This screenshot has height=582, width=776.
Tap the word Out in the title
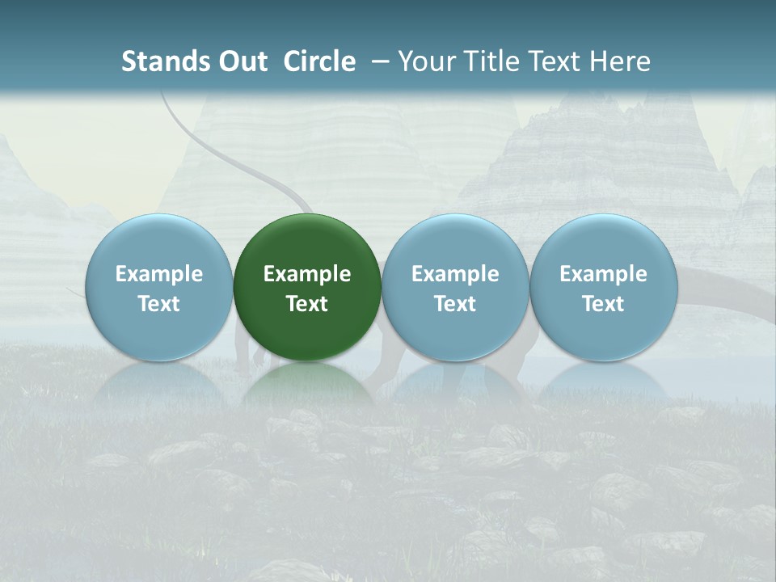[241, 61]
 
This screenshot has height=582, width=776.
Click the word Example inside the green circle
[307, 274]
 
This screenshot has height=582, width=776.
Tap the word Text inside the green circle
[307, 304]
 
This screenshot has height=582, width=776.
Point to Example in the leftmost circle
[158, 274]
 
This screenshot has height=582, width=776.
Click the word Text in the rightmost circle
[604, 304]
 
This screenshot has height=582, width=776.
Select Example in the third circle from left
[455, 274]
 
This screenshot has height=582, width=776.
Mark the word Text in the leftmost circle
[158, 304]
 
